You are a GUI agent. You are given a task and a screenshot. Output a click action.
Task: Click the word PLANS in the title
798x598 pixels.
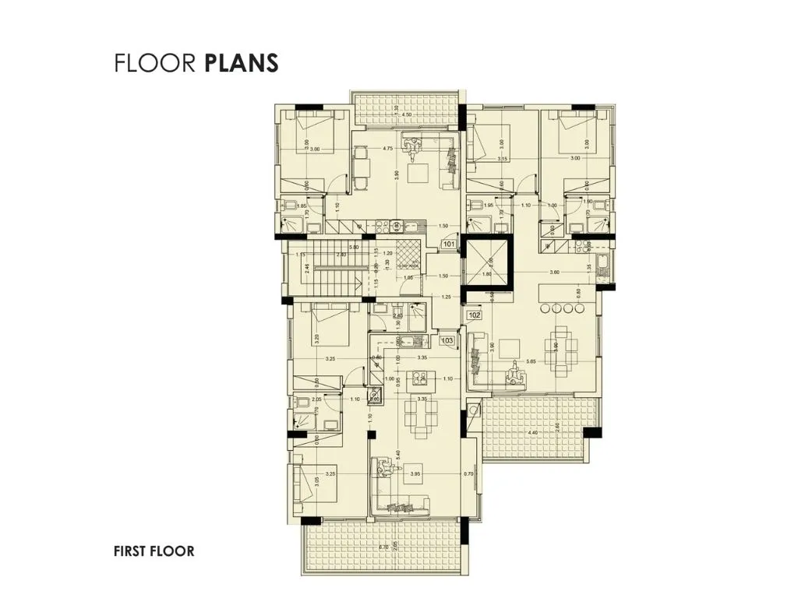(242, 63)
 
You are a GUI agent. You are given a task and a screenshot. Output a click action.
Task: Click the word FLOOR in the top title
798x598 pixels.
(154, 63)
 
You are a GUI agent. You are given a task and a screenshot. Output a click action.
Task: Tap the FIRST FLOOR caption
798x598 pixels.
(154, 551)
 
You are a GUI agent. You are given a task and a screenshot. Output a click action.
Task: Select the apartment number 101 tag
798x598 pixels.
(449, 244)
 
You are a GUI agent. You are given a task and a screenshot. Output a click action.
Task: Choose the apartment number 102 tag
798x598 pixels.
(474, 315)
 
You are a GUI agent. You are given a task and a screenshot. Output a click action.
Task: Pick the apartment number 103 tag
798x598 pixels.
(447, 340)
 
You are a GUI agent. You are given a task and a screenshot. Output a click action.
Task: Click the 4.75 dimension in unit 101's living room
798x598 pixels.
(387, 149)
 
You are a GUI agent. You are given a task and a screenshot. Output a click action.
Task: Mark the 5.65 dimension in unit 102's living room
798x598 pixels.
(531, 361)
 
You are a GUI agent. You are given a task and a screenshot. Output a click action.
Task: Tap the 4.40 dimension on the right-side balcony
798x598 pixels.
(533, 433)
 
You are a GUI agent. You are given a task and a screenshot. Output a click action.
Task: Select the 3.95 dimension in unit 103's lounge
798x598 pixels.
(415, 473)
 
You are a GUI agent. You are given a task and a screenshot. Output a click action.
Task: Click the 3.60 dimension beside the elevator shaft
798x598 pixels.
(554, 272)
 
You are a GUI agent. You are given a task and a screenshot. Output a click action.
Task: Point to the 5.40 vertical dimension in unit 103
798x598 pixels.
(399, 454)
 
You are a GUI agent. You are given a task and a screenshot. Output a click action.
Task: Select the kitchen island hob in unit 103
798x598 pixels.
(418, 379)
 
